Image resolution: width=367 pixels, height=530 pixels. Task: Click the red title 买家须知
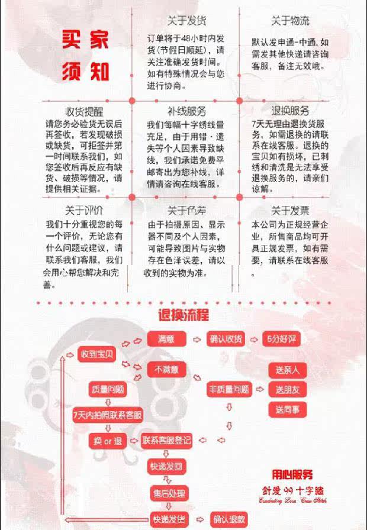click(86, 56)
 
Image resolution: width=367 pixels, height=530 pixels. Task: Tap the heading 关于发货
click(186, 21)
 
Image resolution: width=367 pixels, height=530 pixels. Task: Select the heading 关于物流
click(290, 21)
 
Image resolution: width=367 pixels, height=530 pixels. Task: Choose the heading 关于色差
click(186, 209)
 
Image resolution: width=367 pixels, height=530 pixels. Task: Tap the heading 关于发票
click(290, 209)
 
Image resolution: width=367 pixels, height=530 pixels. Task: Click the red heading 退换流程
click(183, 315)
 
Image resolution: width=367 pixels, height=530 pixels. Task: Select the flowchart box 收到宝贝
click(97, 354)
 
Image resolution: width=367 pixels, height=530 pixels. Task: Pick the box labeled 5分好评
click(279, 339)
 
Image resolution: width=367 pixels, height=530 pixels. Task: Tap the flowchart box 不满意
click(166, 370)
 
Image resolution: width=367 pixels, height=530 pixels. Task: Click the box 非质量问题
click(228, 389)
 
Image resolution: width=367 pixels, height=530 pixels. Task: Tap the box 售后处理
click(168, 493)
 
